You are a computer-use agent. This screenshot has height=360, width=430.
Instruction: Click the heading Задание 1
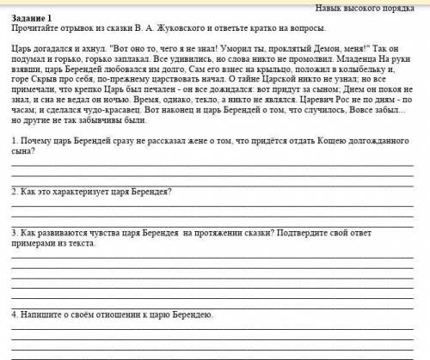pyautogui.click(x=33, y=18)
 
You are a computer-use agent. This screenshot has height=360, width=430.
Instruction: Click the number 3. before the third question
pyautogui.click(x=16, y=232)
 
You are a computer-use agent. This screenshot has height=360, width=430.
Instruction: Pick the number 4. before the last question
pyautogui.click(x=16, y=314)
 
